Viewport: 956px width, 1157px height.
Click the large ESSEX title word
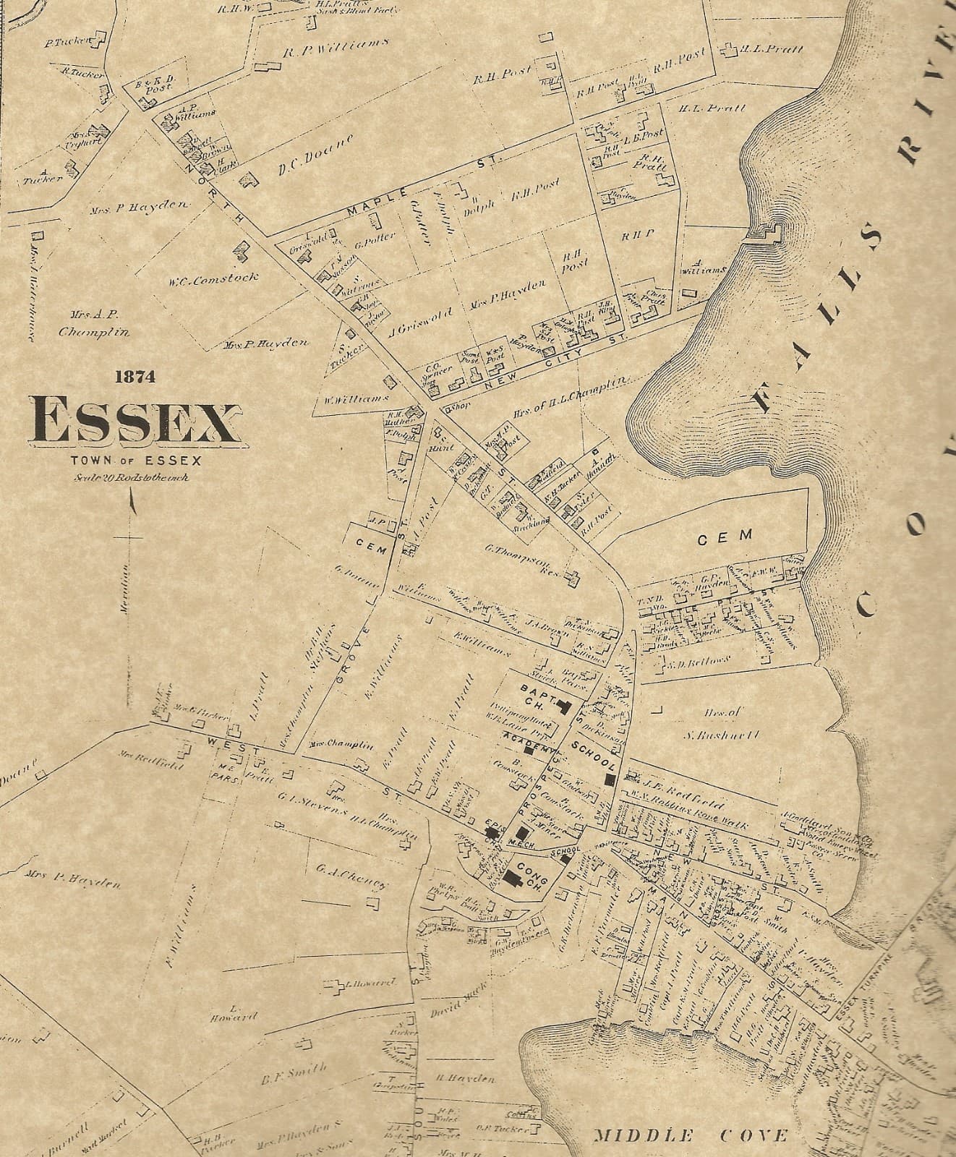tap(135, 421)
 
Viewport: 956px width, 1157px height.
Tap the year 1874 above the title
tap(135, 376)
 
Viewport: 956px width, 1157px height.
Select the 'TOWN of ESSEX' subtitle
tap(136, 460)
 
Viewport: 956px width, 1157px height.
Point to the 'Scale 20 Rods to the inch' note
tap(131, 477)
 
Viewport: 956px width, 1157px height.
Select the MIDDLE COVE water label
tap(691, 1135)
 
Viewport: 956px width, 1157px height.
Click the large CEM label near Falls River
tap(725, 537)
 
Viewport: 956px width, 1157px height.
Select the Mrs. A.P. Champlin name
tap(94, 324)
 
